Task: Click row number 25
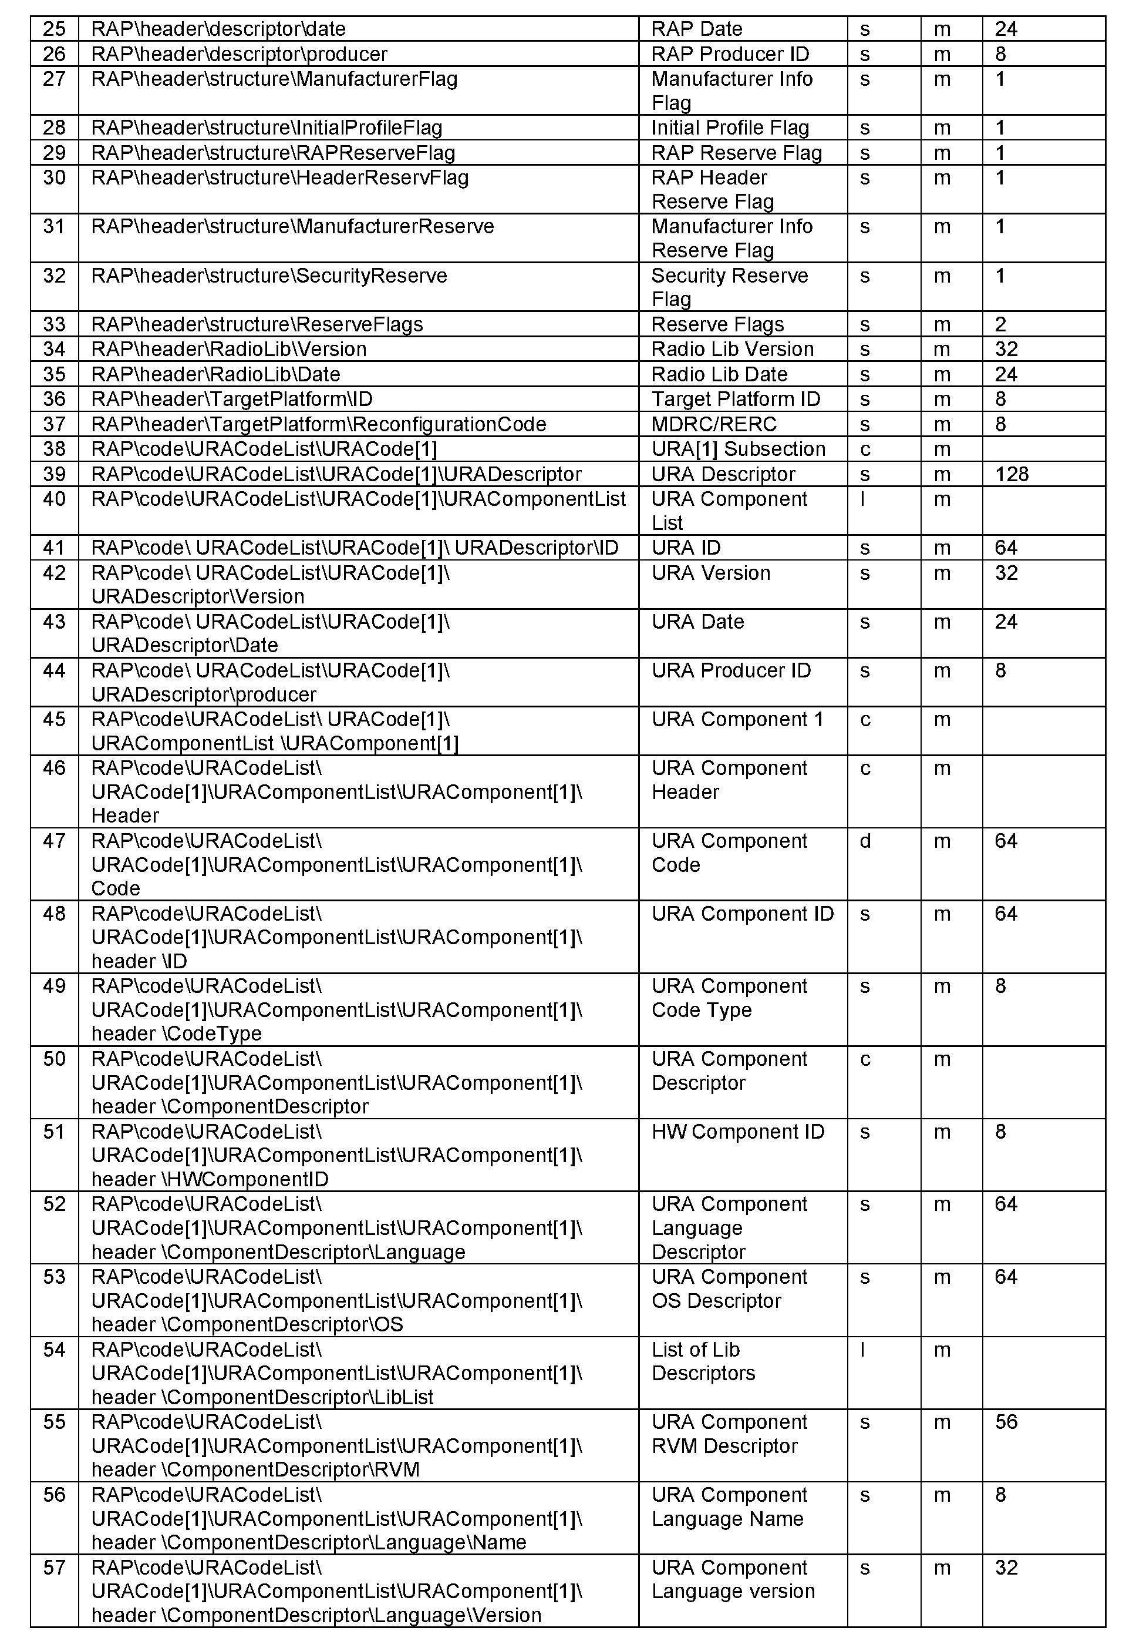click(x=54, y=29)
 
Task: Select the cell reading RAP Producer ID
click(x=730, y=54)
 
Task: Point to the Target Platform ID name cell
click(x=736, y=400)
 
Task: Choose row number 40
click(x=54, y=499)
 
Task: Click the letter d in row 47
click(x=865, y=841)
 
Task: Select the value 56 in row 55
click(x=1006, y=1422)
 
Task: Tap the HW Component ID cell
click(x=737, y=1132)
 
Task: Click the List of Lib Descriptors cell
click(x=703, y=1361)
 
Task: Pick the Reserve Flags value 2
click(x=1000, y=325)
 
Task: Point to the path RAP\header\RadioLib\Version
click(x=228, y=350)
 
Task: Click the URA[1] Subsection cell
click(x=739, y=449)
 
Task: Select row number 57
click(x=54, y=1568)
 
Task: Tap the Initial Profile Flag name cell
click(x=730, y=128)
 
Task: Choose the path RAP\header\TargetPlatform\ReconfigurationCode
click(x=319, y=424)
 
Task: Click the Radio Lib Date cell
click(x=719, y=374)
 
